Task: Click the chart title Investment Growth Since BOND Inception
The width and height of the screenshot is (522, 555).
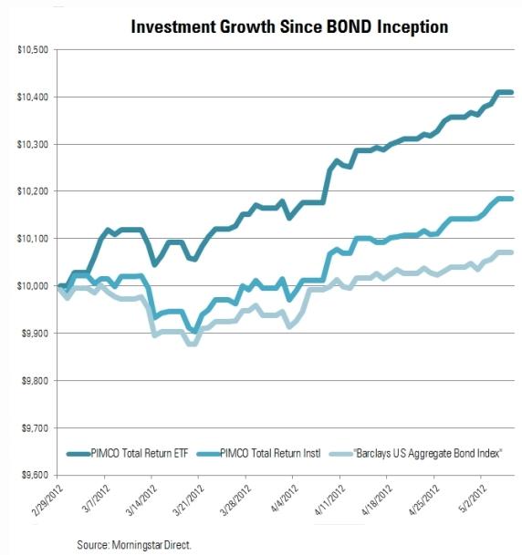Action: (289, 26)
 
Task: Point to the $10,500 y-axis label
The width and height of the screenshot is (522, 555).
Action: (33, 49)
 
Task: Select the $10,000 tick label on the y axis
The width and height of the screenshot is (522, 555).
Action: (33, 285)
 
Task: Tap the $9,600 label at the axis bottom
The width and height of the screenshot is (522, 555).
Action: (35, 476)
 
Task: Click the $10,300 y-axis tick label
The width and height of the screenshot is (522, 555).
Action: (33, 144)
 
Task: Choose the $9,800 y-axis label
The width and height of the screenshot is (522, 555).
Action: (35, 381)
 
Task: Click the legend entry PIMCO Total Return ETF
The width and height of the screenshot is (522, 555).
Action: (128, 454)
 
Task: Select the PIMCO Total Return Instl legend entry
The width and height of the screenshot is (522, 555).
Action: (258, 454)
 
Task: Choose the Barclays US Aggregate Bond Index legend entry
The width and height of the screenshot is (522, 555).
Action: (416, 454)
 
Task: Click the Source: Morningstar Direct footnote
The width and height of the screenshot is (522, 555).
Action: (134, 545)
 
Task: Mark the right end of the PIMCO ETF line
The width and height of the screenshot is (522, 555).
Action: (512, 92)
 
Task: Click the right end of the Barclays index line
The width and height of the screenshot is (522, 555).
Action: (512, 252)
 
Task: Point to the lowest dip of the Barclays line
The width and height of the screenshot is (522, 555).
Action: (192, 344)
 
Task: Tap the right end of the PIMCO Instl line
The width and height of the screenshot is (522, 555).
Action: (512, 199)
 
